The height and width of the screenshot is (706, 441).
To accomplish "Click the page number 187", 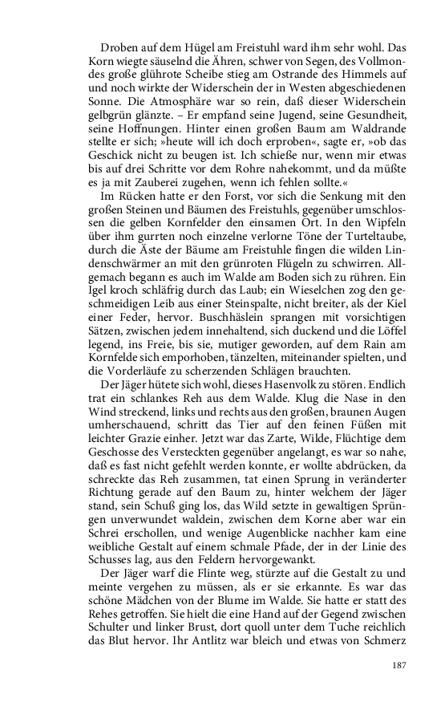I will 401,664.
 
